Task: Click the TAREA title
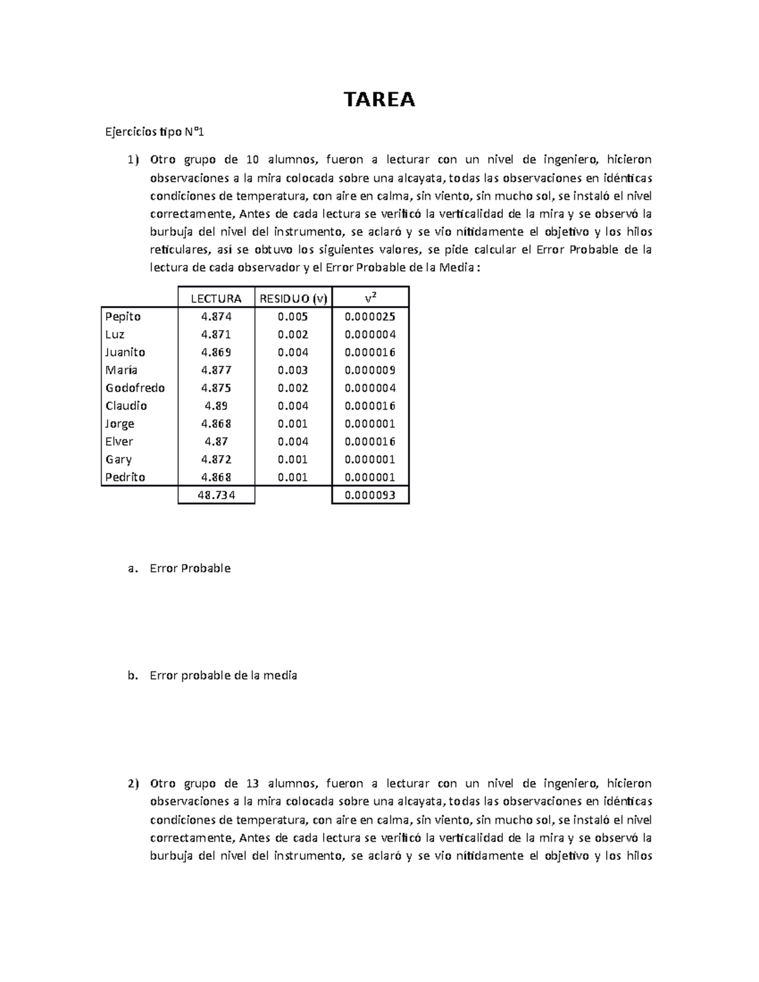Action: (x=379, y=99)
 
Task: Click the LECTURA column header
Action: (x=216, y=298)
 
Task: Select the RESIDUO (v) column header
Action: (x=293, y=298)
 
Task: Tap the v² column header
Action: (x=371, y=298)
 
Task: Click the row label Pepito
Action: (x=123, y=316)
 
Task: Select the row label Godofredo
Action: (x=135, y=388)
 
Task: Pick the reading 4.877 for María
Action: (x=216, y=370)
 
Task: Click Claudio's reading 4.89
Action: (x=216, y=406)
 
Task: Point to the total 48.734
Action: (x=216, y=495)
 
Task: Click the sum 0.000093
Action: (x=370, y=495)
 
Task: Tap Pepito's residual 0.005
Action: (x=293, y=316)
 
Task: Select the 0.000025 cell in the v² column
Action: (x=370, y=316)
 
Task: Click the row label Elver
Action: (x=120, y=441)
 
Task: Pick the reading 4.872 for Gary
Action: (x=216, y=459)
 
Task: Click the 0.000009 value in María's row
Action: (x=370, y=370)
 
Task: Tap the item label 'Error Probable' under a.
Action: (x=190, y=568)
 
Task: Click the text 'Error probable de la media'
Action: (x=223, y=675)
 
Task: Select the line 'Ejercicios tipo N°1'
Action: (x=155, y=132)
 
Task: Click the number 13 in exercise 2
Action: (x=253, y=783)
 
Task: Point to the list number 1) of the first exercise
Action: (x=132, y=159)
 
